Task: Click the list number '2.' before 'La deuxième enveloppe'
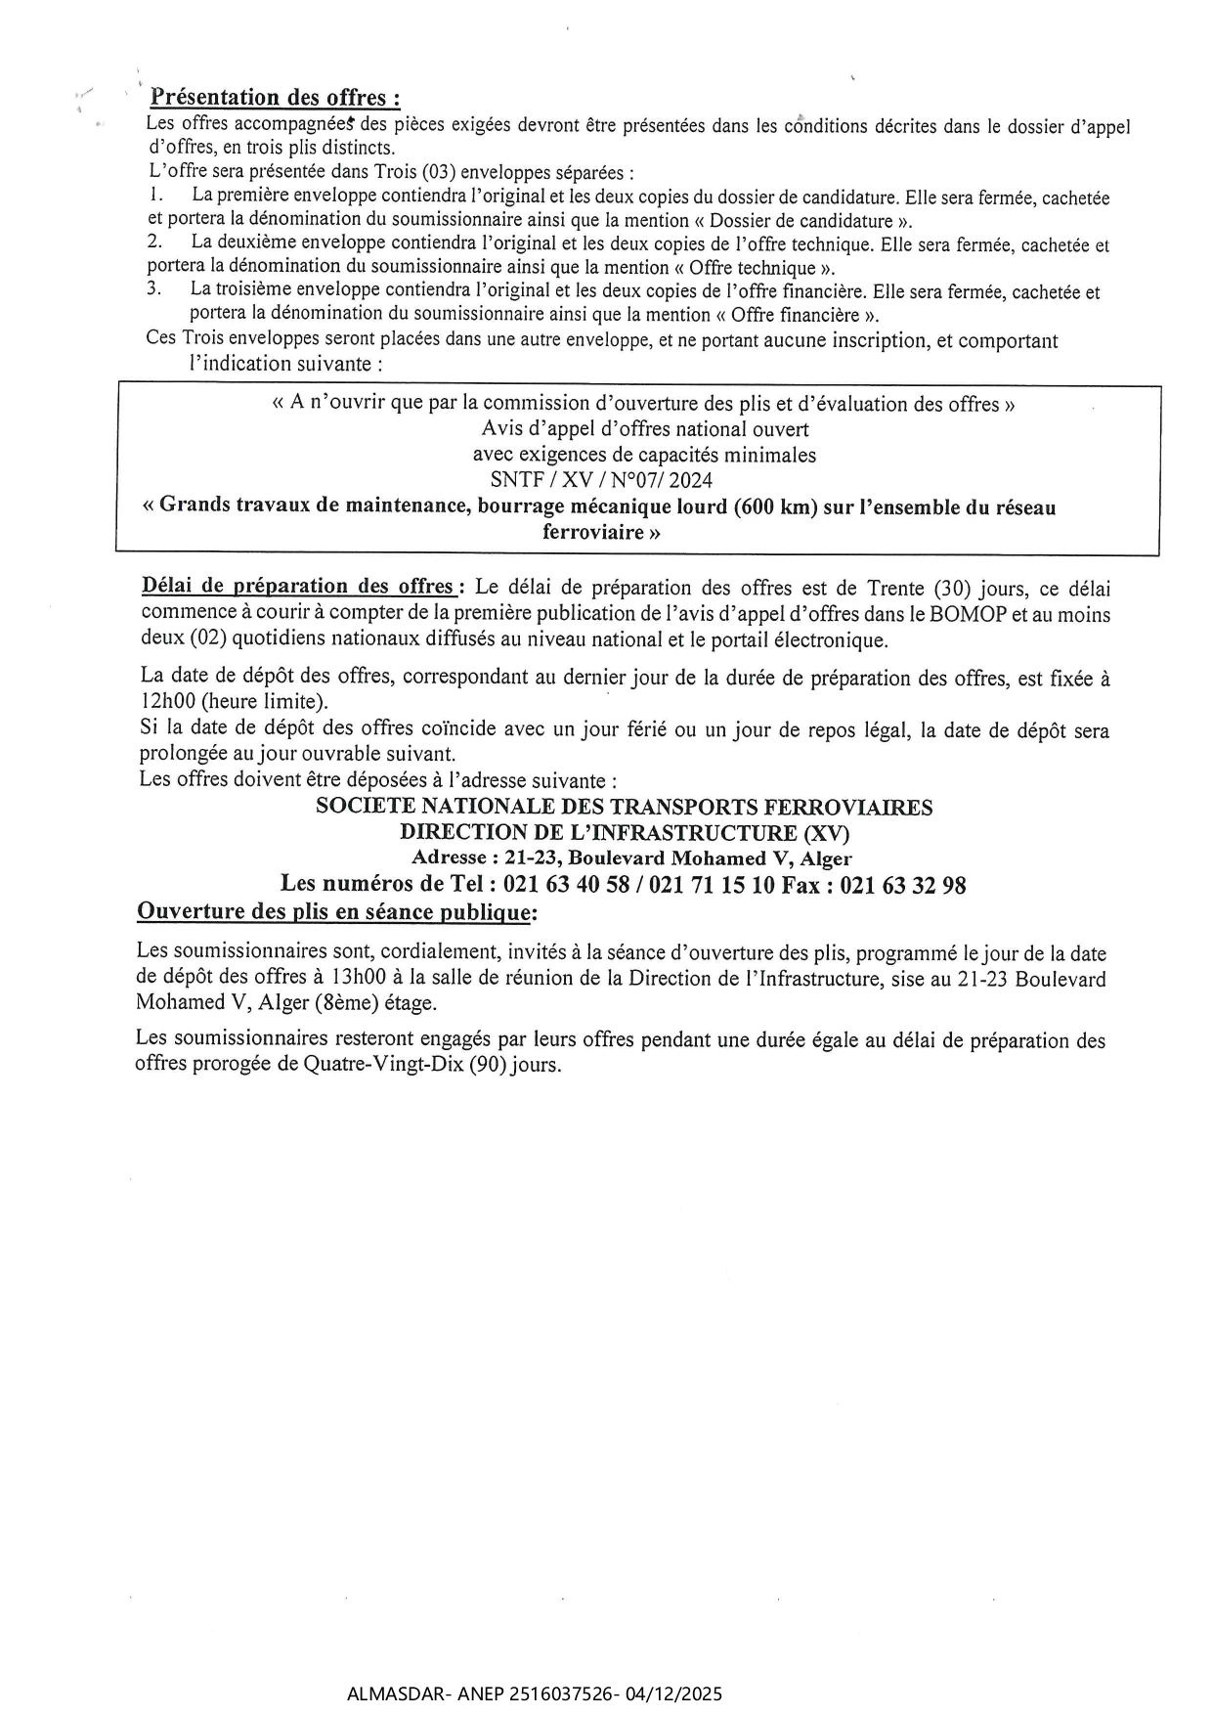point(153,243)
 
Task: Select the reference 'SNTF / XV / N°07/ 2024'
point(601,480)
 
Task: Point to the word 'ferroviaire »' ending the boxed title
point(601,533)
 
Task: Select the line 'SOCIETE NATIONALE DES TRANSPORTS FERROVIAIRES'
point(625,808)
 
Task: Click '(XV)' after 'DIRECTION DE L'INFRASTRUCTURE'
point(826,833)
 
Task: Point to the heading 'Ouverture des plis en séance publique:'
point(337,912)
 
